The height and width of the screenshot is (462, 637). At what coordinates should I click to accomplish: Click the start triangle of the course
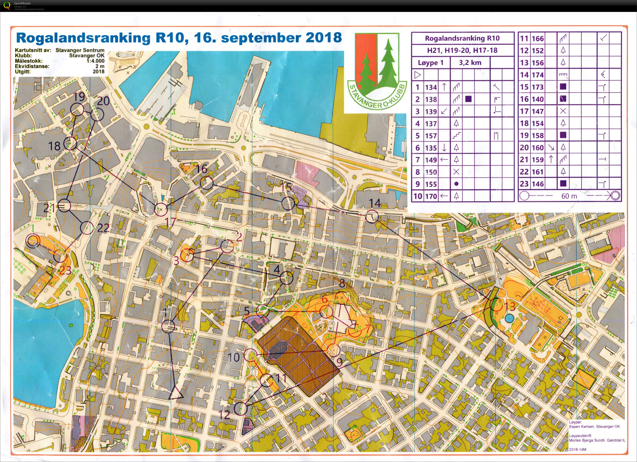176,393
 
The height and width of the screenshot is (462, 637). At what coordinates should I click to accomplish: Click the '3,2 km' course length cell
470,63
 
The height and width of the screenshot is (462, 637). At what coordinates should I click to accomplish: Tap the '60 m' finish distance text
569,196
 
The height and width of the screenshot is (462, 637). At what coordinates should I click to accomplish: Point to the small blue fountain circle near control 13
509,318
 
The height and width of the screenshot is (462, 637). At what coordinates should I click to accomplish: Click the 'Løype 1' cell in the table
431,63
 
